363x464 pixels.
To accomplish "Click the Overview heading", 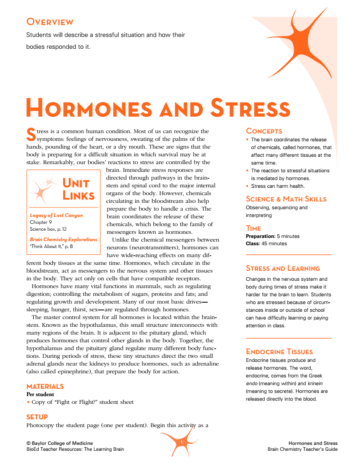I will tap(50, 22).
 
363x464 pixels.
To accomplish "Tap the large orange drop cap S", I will tap(31, 134).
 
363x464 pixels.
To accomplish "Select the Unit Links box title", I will tap(78, 190).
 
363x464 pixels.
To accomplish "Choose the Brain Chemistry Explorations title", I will tap(63, 239).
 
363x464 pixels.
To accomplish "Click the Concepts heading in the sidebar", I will tap(264, 131).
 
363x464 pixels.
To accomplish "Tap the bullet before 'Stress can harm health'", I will tap(247, 186).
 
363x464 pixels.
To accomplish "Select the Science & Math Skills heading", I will tap(286, 199).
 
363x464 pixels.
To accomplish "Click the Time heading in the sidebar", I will tap(253, 228).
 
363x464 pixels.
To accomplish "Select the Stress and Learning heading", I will tap(282, 268).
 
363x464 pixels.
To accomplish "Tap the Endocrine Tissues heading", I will tap(279, 351).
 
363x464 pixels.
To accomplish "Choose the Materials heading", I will tap(45, 386).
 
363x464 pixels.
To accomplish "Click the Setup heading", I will tap(37, 417).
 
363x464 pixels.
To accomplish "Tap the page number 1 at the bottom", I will tap(181, 443).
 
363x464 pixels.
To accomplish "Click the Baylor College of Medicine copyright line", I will tap(60, 443).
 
